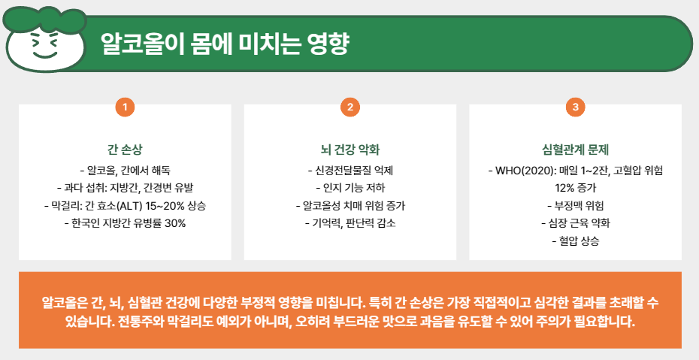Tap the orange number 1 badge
tap(125, 107)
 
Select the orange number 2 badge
tap(350, 107)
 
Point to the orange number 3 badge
tap(576, 107)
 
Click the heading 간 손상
tap(125, 149)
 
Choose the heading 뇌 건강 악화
tap(350, 149)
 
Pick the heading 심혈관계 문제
tap(576, 149)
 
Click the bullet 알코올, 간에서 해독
tap(125, 170)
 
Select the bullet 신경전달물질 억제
tap(350, 170)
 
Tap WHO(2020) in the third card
tap(526, 170)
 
